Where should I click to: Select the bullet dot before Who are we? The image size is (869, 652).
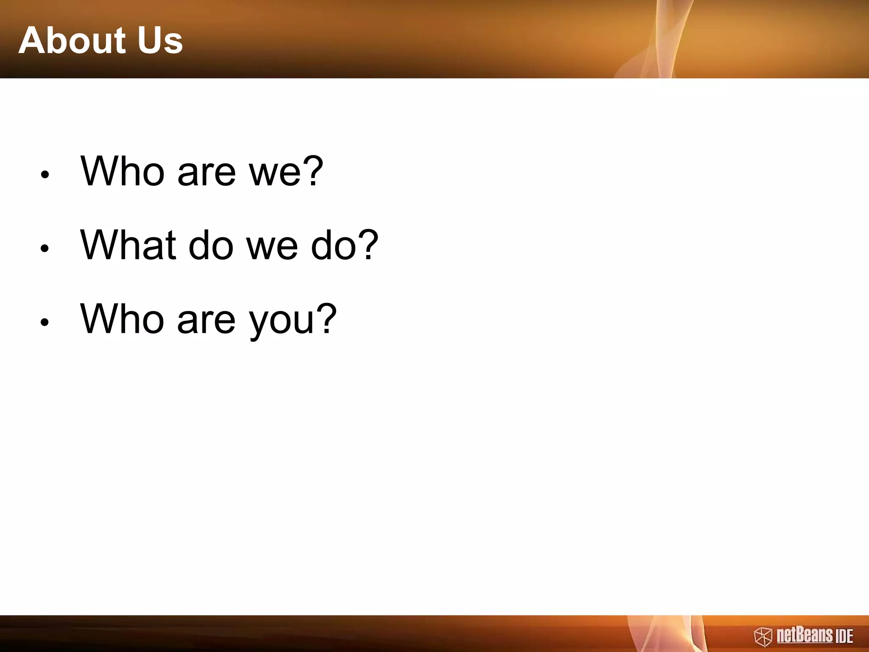coord(45,174)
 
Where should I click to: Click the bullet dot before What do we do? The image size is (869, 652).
coord(45,248)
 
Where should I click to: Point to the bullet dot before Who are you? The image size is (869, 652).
coord(45,322)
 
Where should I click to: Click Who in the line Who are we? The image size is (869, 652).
coord(123,171)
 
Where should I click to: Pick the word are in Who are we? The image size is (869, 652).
coord(206,174)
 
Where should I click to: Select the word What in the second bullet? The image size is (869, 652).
coord(128,245)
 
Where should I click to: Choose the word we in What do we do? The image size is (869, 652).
coord(272,249)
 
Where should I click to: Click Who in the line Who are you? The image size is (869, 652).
coord(123,319)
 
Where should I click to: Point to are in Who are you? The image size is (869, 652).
coord(206,322)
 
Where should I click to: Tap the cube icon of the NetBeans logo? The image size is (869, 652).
coord(762,637)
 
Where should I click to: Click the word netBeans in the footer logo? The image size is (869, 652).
coord(805,635)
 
